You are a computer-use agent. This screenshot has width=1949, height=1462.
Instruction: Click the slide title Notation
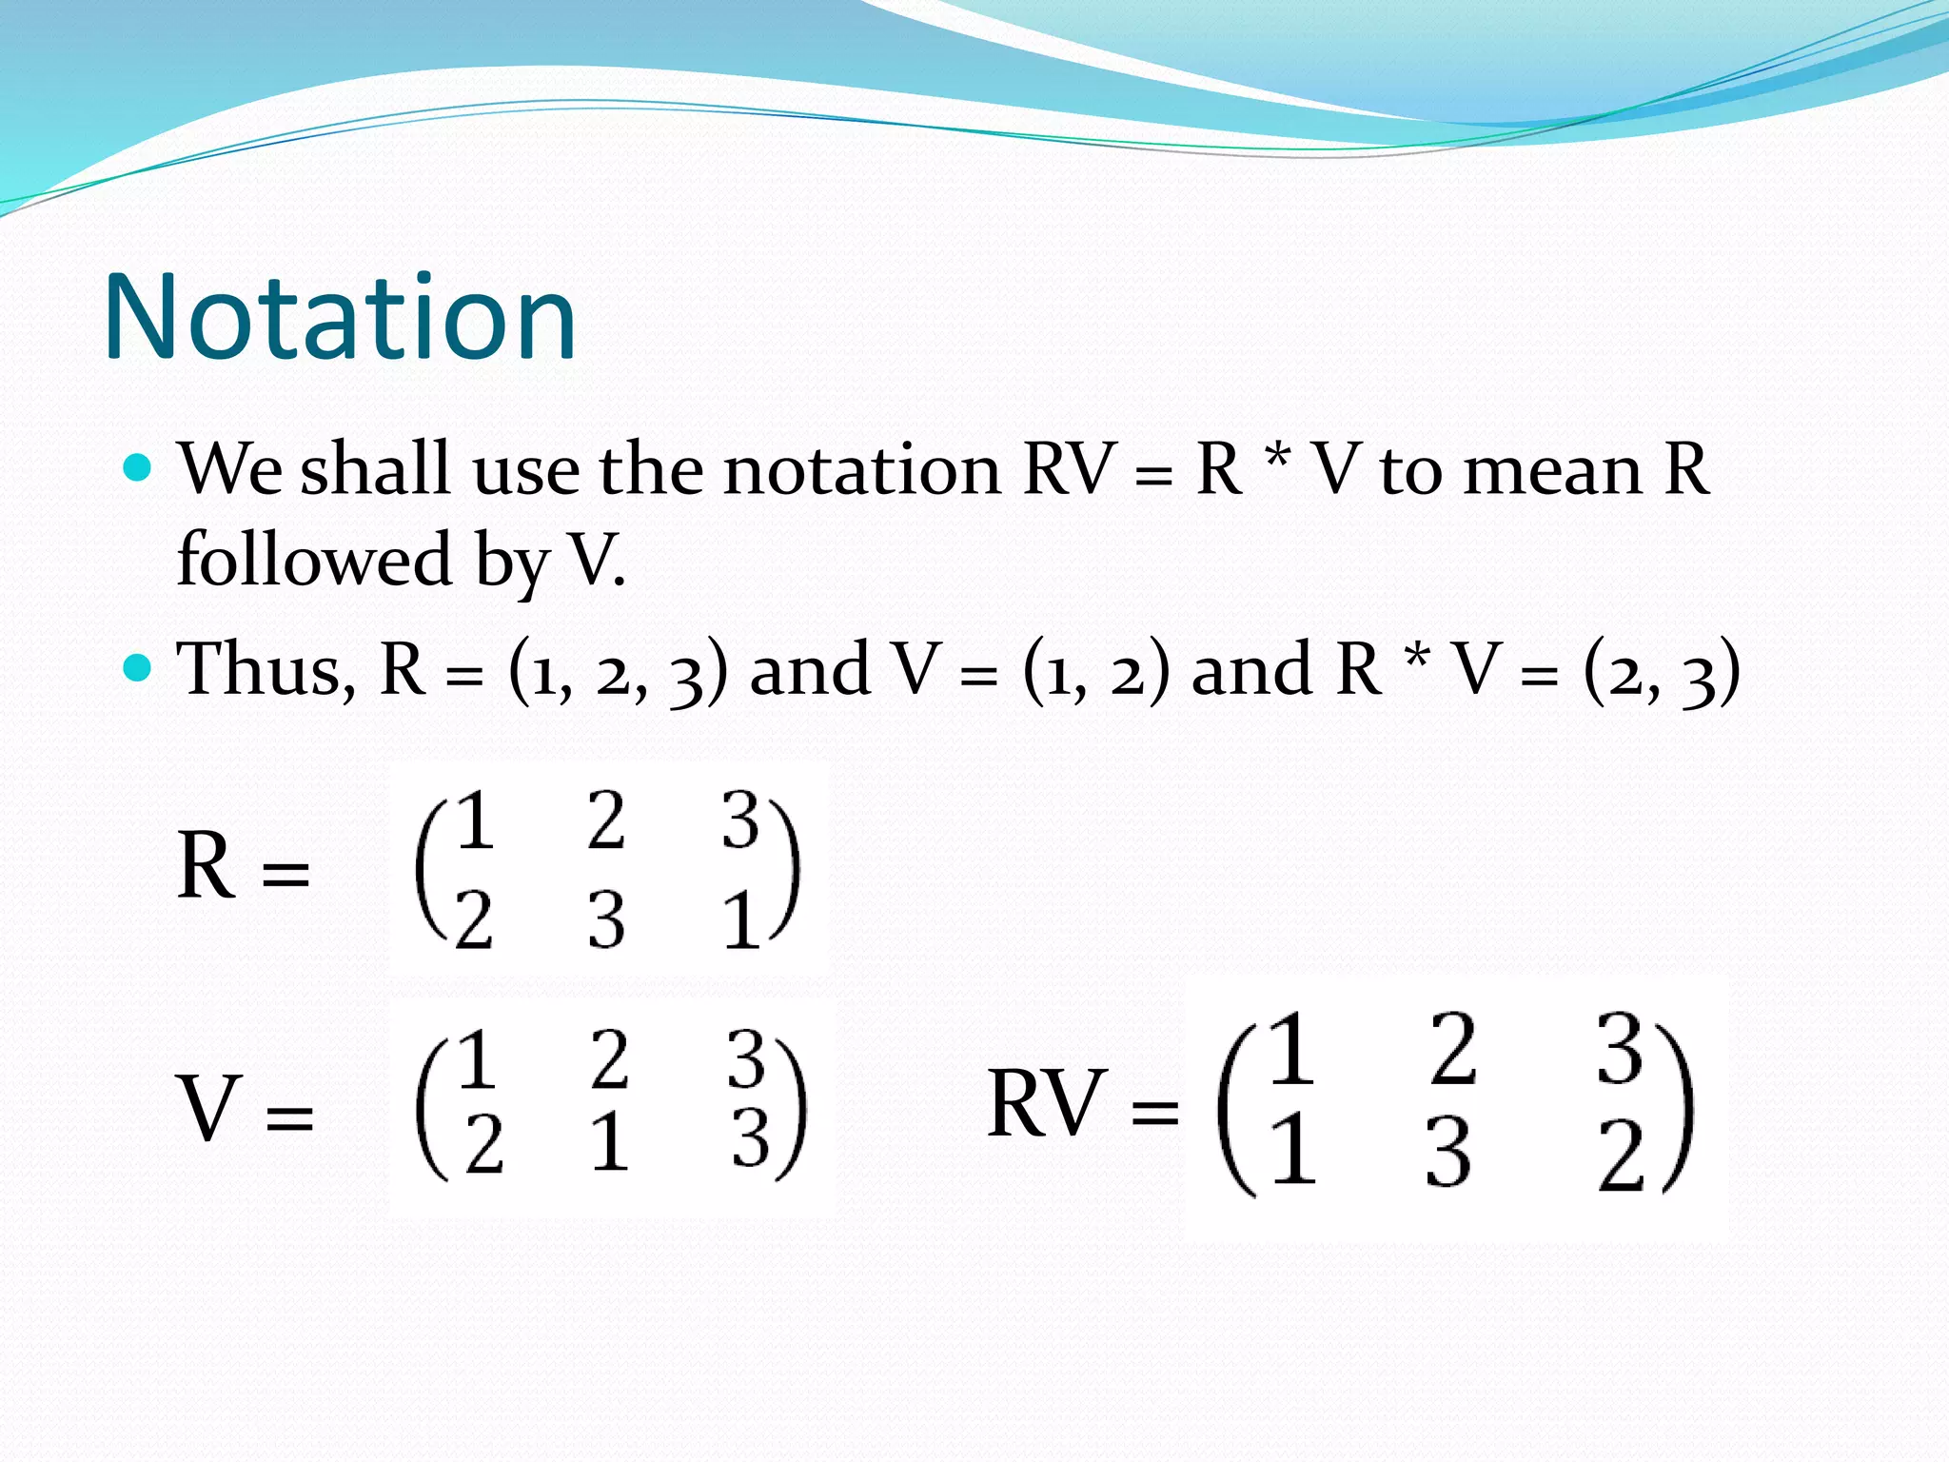340,316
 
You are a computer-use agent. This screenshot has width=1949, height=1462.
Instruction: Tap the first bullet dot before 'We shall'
139,467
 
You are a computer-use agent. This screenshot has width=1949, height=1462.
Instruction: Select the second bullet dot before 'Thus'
139,667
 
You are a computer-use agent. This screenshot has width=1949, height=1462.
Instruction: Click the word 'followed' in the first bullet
314,559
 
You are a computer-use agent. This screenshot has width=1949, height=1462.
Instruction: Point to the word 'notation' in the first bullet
861,469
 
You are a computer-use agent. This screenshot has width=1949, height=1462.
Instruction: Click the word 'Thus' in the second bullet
266,669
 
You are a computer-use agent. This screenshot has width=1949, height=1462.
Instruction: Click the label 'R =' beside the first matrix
243,866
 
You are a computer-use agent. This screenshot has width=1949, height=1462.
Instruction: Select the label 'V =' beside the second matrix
245,1109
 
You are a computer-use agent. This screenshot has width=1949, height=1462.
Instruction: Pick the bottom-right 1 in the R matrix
741,920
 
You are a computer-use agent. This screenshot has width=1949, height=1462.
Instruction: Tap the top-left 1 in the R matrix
475,820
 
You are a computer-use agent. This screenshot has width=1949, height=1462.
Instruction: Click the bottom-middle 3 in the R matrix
606,920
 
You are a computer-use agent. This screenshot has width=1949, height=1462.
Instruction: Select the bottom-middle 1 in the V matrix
609,1142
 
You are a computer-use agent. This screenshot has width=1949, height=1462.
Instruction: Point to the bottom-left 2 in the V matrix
483,1144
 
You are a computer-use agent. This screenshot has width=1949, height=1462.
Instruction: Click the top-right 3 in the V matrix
746,1058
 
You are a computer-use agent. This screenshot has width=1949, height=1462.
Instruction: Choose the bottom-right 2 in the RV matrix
1621,1156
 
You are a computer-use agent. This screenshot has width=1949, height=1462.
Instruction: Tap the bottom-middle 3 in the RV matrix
1447,1153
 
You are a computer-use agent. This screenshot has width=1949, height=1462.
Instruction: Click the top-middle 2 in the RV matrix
1453,1049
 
